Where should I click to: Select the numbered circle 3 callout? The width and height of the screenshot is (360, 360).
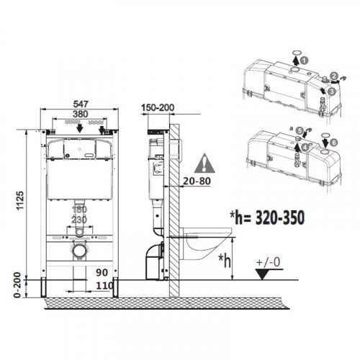(332, 91)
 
